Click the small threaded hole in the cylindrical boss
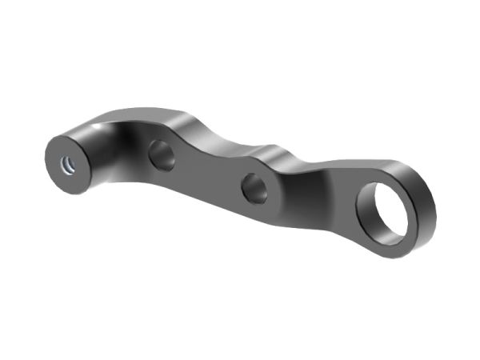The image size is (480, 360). (x=68, y=162)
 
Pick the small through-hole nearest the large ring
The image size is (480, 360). (x=255, y=187)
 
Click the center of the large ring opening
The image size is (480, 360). (x=388, y=210)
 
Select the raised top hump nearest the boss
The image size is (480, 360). (x=172, y=112)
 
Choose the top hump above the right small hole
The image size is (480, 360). (x=276, y=150)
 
